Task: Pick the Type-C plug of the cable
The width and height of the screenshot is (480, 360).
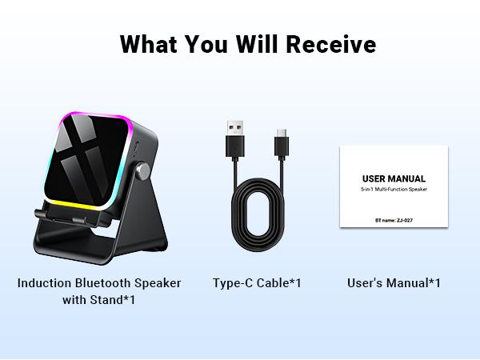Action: (x=282, y=143)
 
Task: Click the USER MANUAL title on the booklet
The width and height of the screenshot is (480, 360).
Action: (x=394, y=178)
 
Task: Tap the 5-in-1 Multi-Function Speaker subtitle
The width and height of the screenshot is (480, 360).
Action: (x=394, y=192)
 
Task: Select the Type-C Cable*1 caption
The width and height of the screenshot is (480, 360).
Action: (x=257, y=283)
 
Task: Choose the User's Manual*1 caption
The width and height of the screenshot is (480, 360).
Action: (x=394, y=283)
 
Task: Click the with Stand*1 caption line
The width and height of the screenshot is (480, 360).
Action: (x=98, y=301)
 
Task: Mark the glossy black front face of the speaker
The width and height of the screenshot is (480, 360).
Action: (x=90, y=160)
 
